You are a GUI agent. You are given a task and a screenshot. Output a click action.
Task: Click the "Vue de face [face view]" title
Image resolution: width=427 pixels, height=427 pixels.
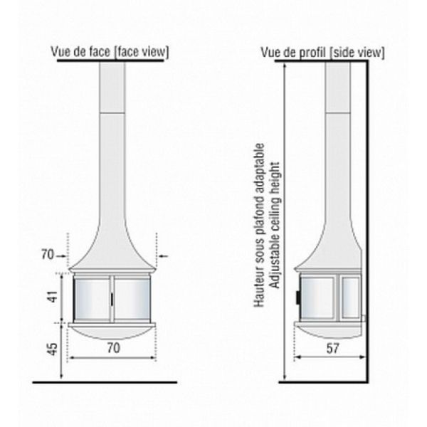pyautogui.click(x=110, y=52)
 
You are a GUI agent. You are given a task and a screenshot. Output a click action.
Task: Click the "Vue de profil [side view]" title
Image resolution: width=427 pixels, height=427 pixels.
pyautogui.click(x=322, y=52)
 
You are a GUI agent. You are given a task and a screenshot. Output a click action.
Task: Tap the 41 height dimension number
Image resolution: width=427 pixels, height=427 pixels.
pyautogui.click(x=53, y=297)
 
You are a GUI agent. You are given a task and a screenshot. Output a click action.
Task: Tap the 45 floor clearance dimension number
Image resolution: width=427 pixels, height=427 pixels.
pyautogui.click(x=53, y=349)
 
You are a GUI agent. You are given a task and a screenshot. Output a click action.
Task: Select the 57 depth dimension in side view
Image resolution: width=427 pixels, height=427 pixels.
pyautogui.click(x=333, y=348)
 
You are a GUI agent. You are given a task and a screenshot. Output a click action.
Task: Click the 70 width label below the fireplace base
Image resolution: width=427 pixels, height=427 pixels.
pyautogui.click(x=113, y=348)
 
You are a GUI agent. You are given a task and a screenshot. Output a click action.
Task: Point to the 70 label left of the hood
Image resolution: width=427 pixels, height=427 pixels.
pyautogui.click(x=48, y=255)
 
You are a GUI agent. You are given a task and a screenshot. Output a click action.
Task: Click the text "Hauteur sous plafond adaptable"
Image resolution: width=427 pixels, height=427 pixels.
pyautogui.click(x=259, y=225)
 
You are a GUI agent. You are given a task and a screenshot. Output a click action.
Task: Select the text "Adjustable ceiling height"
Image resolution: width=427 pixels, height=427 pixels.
pyautogui.click(x=275, y=226)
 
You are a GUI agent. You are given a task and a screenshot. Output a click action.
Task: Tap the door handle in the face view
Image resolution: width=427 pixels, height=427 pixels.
pyautogui.click(x=112, y=299)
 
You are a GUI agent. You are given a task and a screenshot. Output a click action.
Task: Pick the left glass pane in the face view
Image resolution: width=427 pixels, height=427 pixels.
pyautogui.click(x=92, y=299)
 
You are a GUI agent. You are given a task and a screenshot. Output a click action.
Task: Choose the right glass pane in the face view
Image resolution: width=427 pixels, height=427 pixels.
pyautogui.click(x=132, y=299)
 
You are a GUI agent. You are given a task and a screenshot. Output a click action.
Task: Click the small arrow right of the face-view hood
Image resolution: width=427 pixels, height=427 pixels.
pyautogui.click(x=164, y=256)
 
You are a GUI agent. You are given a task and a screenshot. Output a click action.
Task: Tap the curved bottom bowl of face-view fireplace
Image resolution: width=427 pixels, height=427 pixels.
pyautogui.click(x=112, y=333)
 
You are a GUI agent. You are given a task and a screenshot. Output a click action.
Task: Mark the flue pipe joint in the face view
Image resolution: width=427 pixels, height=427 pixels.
pyautogui.click(x=112, y=112)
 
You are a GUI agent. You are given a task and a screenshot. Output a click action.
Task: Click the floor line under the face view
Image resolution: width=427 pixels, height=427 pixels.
pyautogui.click(x=105, y=382)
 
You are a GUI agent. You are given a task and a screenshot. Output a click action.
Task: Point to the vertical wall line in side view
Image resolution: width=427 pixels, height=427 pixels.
pyautogui.click(x=367, y=221)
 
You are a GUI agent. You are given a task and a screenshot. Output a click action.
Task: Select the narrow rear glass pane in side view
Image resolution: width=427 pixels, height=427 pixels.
pyautogui.click(x=351, y=297)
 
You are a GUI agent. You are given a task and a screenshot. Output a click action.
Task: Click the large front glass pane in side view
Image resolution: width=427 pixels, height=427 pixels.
pyautogui.click(x=318, y=297)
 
